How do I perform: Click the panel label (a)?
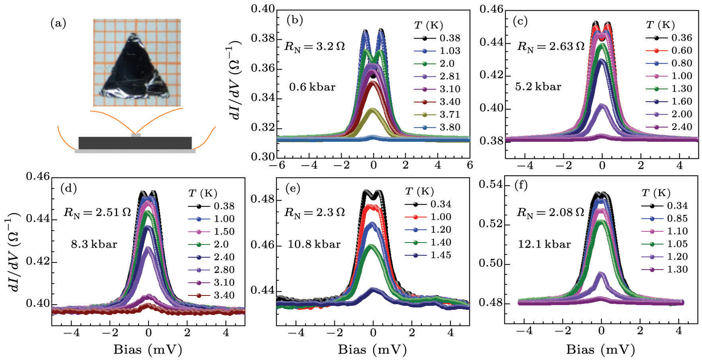pyautogui.click(x=59, y=24)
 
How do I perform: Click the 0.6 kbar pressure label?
pyautogui.click(x=312, y=86)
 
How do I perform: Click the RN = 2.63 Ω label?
pyautogui.click(x=550, y=47)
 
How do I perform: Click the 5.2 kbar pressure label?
pyautogui.click(x=538, y=86)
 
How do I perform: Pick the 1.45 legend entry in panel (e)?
pyautogui.click(x=440, y=255)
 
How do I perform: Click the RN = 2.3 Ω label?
pyautogui.click(x=314, y=212)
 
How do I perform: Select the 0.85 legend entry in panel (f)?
pyautogui.click(x=677, y=218)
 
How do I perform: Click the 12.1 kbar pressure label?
pyautogui.click(x=544, y=244)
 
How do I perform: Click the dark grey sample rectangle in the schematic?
pyautogui.click(x=135, y=143)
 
